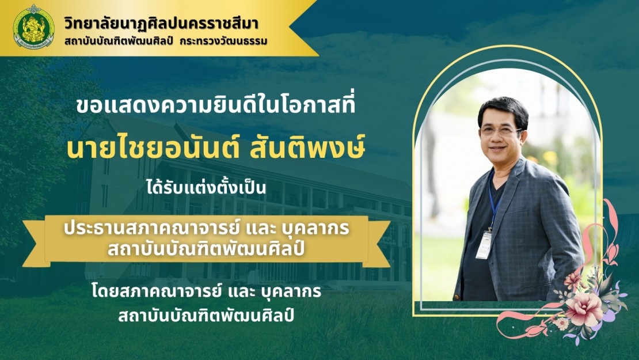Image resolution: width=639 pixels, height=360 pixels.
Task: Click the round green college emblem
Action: [x=33, y=27]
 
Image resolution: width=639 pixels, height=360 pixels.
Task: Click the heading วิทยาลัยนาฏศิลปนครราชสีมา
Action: [x=161, y=24]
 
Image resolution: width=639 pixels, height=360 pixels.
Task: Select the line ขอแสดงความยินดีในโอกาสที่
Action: [x=215, y=105]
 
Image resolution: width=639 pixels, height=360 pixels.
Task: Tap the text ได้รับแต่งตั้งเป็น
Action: [x=206, y=188]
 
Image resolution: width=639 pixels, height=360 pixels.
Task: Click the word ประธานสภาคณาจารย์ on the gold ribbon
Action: [x=150, y=228]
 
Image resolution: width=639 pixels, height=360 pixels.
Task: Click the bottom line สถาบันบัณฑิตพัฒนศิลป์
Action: [x=206, y=314]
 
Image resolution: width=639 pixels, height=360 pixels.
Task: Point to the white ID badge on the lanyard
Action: [x=484, y=245]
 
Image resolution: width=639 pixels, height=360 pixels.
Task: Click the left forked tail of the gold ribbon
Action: [x=34, y=244]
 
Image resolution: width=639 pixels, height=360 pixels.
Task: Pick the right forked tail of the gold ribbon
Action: [x=379, y=244]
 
